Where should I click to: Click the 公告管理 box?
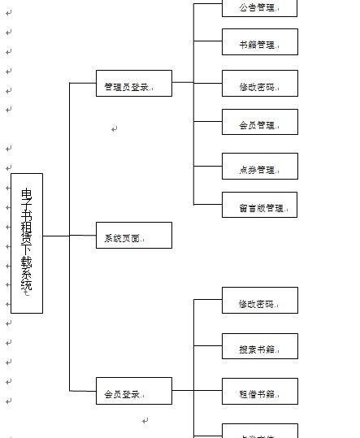[259, 7]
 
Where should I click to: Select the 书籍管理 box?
[259, 42]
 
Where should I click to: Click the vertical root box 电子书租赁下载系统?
[27, 243]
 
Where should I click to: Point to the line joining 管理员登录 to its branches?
[183, 82]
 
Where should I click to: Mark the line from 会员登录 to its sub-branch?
[183, 391]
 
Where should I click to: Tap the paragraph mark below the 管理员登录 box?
[115, 128]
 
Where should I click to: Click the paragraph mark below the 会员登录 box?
[145, 421]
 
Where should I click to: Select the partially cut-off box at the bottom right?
[259, 431]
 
